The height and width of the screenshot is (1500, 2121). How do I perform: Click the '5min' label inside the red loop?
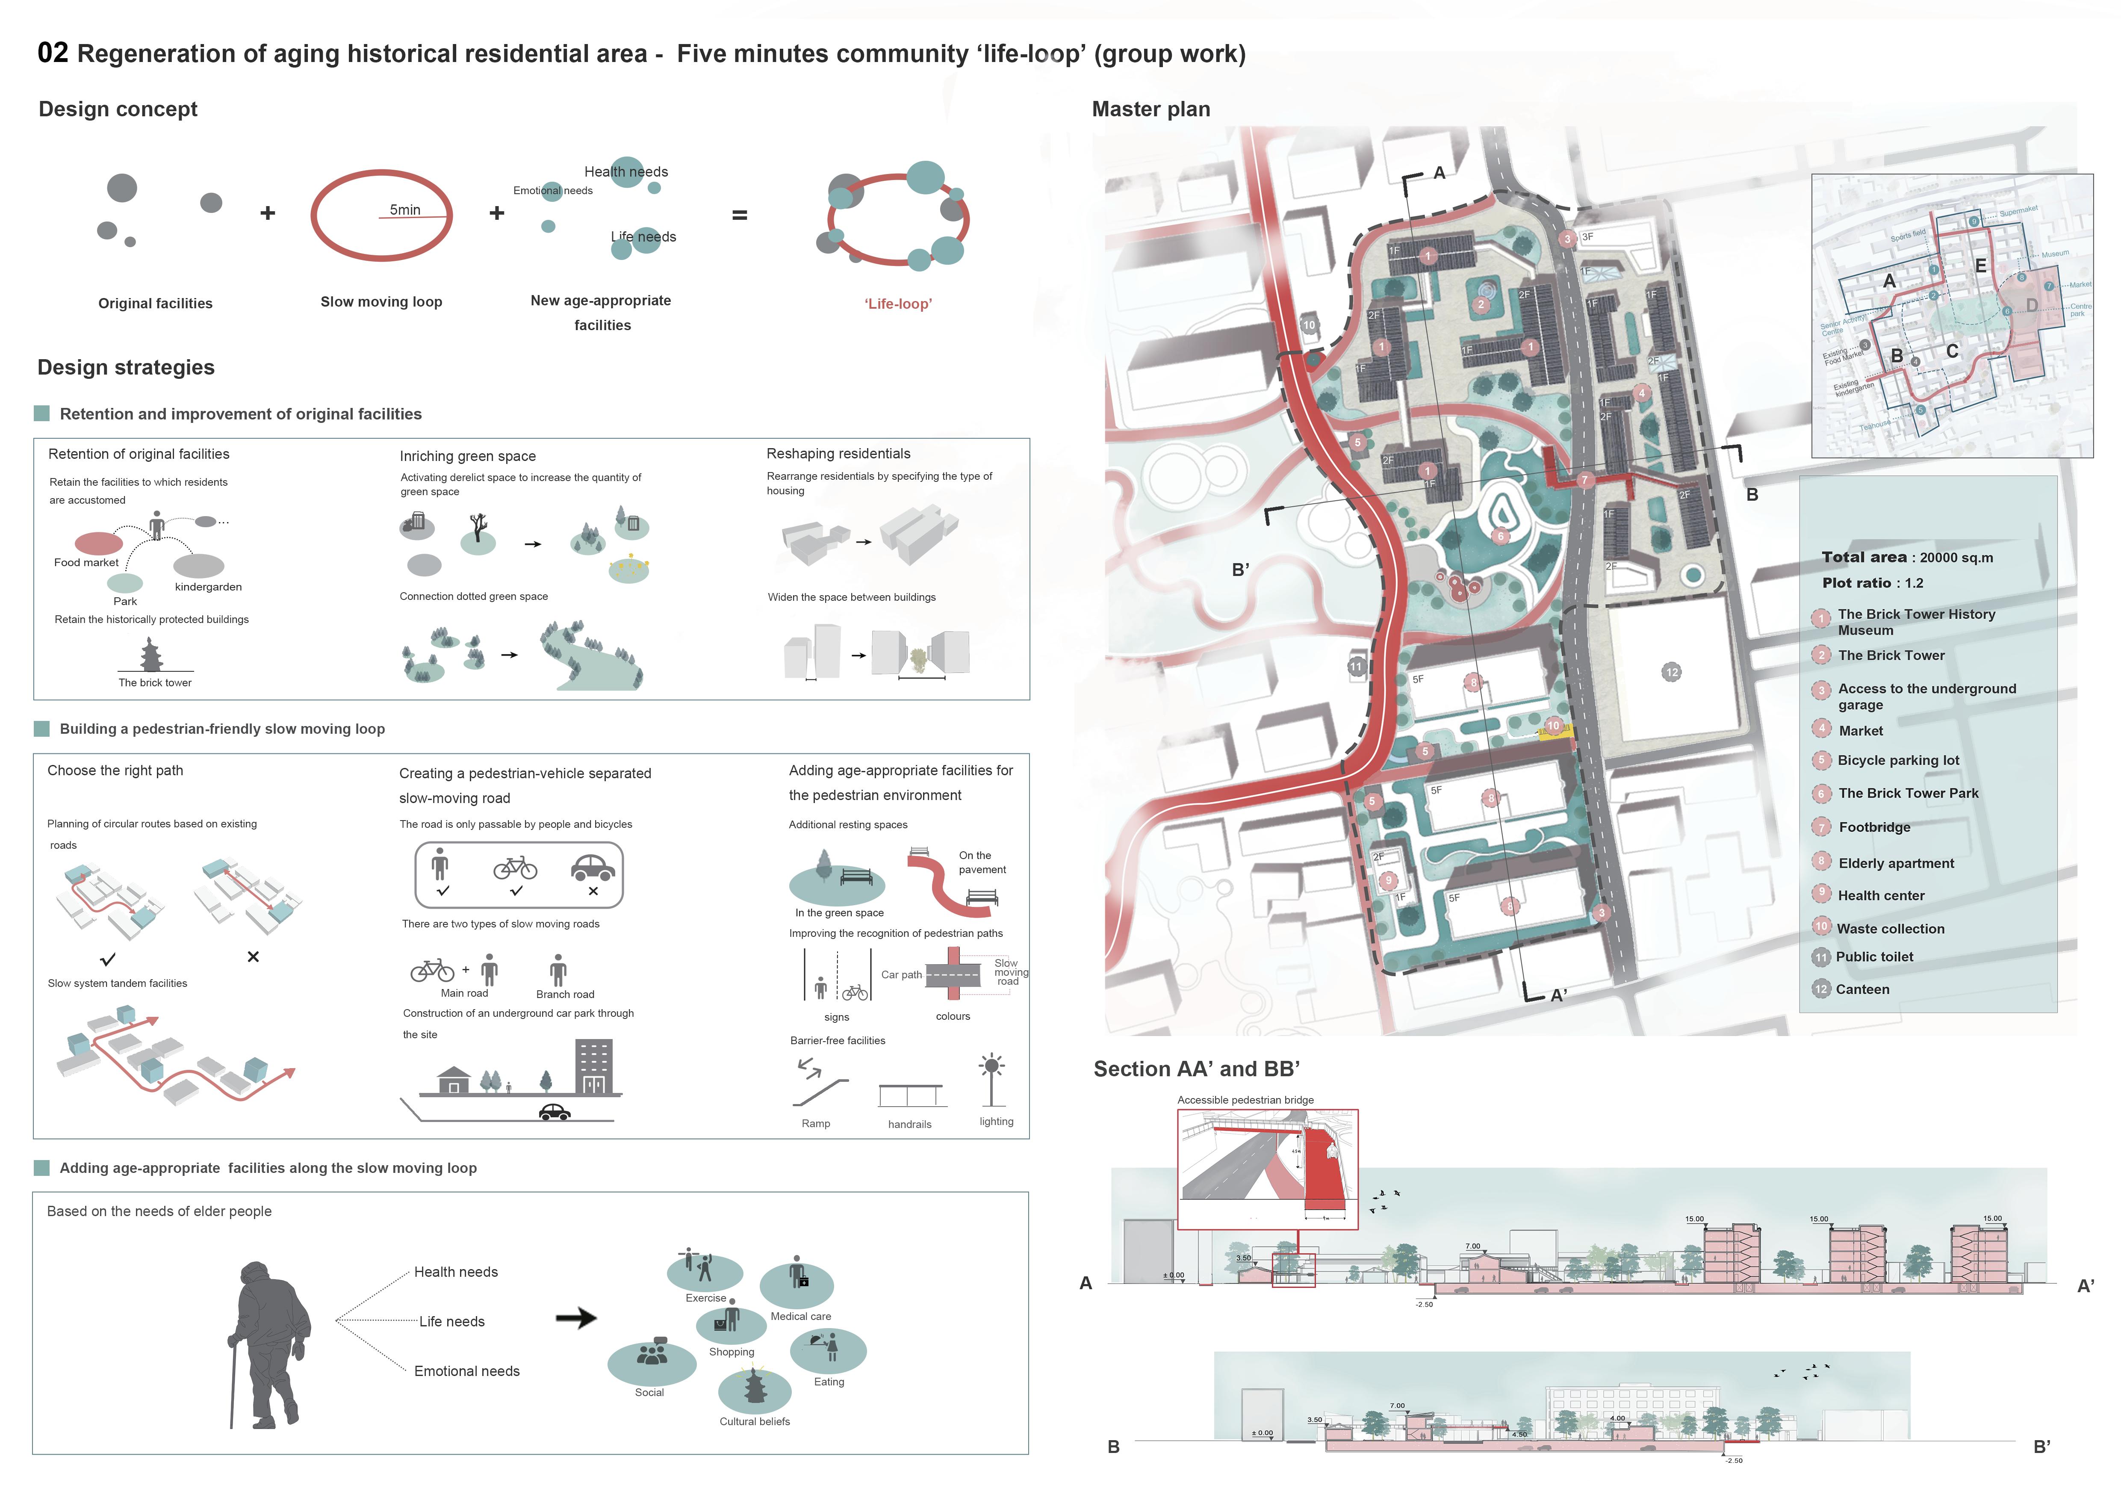[x=404, y=210]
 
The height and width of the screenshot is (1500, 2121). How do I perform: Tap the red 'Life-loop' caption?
[x=898, y=304]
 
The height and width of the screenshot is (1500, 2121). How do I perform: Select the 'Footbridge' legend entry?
[x=1874, y=827]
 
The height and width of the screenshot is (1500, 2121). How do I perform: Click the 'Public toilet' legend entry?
[x=1874, y=957]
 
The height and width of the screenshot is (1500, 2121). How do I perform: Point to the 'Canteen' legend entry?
[x=1862, y=989]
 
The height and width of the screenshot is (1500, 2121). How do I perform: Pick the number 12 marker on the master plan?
[x=1671, y=673]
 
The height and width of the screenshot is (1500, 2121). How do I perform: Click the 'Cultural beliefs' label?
[x=755, y=1421]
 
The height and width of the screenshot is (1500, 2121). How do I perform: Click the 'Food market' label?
[x=86, y=563]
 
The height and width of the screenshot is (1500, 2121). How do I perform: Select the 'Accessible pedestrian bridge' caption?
[x=1245, y=1100]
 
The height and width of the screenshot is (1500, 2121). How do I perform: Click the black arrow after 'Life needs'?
[x=576, y=1318]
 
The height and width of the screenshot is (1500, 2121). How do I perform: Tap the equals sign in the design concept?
[x=739, y=215]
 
